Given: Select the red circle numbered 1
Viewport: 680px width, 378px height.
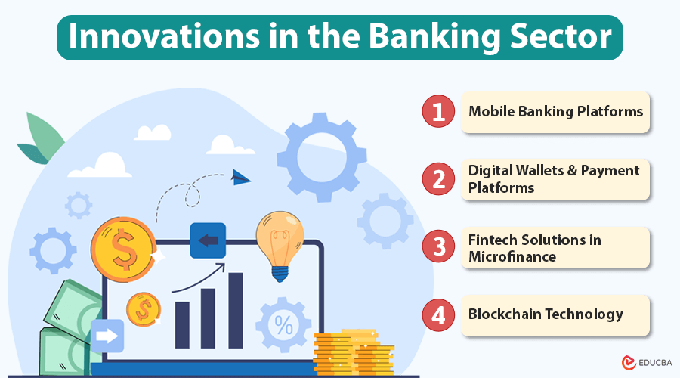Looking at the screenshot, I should tap(438, 112).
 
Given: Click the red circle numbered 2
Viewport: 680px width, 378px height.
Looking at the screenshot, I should tap(438, 179).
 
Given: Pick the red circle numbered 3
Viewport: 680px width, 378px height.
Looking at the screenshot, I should tap(438, 247).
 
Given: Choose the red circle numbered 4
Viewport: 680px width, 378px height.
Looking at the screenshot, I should tap(438, 314).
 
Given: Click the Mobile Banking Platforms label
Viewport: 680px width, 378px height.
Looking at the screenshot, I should tap(555, 112).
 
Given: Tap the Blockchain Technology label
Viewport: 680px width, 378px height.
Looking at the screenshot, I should tap(546, 314).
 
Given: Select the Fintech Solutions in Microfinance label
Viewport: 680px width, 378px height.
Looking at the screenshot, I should tap(535, 248).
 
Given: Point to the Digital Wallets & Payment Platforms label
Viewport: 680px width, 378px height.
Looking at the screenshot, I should tap(554, 179).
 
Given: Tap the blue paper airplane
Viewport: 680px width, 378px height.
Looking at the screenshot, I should tap(241, 178).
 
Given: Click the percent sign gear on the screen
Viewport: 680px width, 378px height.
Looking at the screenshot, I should tap(283, 325).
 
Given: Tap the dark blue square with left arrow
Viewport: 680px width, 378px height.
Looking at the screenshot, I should tap(208, 240).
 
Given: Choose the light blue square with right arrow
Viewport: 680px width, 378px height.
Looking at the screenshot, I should tap(107, 336).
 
